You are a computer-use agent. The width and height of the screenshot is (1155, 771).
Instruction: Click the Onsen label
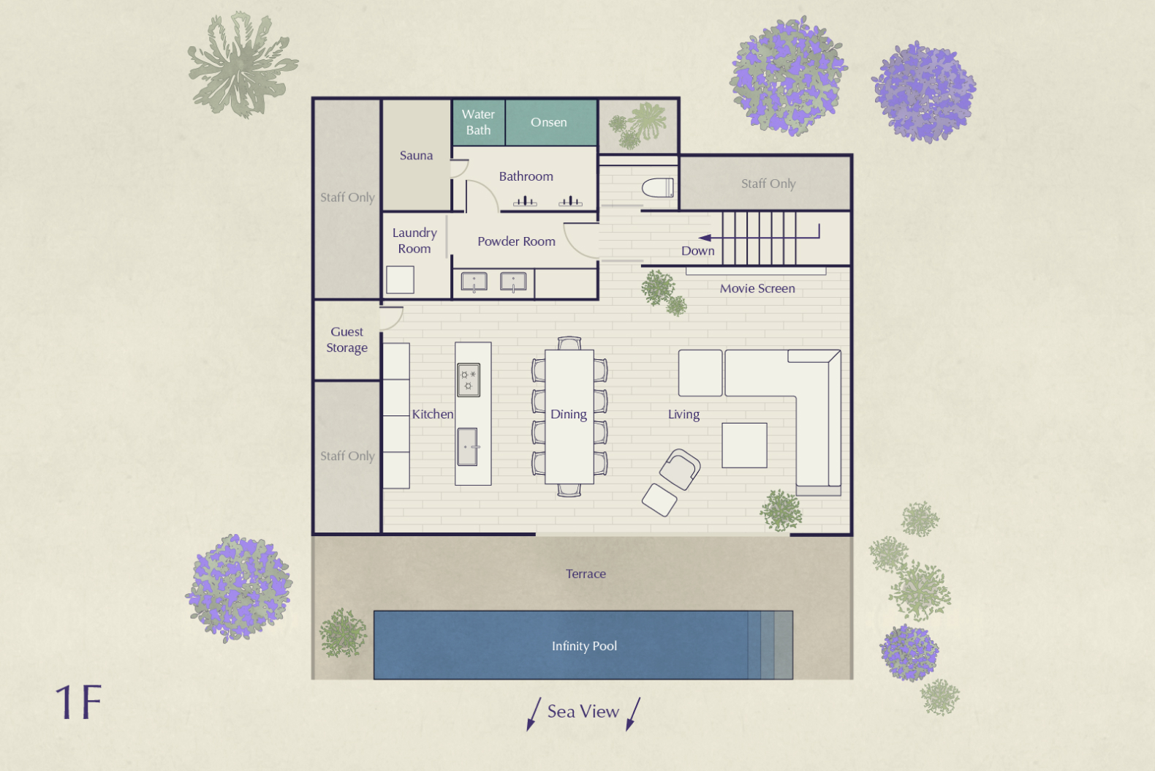(x=548, y=122)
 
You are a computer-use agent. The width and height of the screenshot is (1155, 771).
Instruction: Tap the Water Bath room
(x=478, y=122)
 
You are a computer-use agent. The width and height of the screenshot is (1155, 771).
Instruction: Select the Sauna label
(x=416, y=155)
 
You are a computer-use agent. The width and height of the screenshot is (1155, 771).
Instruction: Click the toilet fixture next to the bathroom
(x=657, y=188)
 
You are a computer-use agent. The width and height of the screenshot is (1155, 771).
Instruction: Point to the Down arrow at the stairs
(x=705, y=238)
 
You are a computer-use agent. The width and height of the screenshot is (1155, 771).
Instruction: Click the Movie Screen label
(x=757, y=288)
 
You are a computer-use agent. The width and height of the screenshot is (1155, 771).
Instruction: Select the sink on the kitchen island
(x=467, y=447)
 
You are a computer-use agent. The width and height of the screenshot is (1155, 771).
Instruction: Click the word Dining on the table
(x=568, y=414)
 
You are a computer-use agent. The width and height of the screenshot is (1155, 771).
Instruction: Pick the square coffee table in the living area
(x=744, y=445)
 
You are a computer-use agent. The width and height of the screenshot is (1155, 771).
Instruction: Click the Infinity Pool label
(x=583, y=646)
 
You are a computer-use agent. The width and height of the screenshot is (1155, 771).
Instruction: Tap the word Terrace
(x=586, y=573)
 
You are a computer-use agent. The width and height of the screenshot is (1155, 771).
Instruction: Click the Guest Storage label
(x=346, y=339)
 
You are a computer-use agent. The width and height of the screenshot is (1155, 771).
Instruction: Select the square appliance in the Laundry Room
(x=400, y=279)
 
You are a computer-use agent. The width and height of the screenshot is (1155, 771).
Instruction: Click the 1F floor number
(x=78, y=702)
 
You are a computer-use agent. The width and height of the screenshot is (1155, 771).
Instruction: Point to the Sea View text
(x=583, y=711)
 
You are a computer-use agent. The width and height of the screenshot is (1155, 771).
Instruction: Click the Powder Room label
(x=516, y=241)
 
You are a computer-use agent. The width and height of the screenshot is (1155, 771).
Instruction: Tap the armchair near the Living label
(x=680, y=469)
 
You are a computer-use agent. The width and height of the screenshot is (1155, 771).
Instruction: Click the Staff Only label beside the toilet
(x=768, y=184)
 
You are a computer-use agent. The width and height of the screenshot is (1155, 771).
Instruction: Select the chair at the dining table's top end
(x=569, y=343)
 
